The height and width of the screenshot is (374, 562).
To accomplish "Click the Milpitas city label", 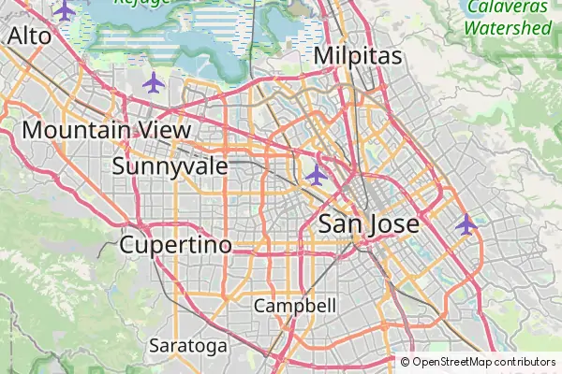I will (358, 56).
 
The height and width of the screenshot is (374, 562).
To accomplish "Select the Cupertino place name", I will (175, 245).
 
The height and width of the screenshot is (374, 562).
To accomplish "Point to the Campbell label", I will (294, 306).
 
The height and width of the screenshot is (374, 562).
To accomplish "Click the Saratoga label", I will (187, 346).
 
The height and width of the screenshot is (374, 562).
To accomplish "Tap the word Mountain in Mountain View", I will (72, 130).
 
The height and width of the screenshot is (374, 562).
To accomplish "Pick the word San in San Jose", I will (338, 224).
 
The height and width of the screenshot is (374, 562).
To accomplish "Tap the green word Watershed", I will (509, 28).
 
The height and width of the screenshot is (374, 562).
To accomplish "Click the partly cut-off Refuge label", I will (142, 3).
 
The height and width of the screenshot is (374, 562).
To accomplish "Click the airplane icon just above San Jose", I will (317, 175).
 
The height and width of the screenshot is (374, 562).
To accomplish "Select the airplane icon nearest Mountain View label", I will (153, 82).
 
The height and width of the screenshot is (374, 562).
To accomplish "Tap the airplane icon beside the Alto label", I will (64, 10).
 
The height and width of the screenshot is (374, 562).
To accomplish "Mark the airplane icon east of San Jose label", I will (466, 224).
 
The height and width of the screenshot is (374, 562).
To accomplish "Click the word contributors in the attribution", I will (525, 362).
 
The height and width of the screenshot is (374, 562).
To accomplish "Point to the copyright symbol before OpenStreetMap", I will (405, 362).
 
